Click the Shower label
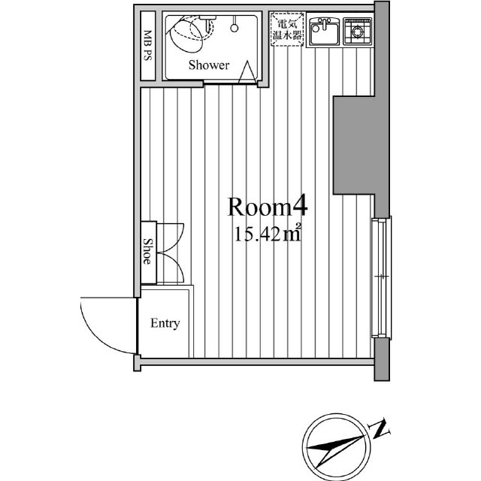click(209, 65)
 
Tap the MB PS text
click(148, 45)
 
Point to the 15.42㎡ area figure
click(268, 234)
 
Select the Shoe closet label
click(147, 251)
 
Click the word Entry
click(165, 323)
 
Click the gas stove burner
click(358, 32)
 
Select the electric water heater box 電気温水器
click(287, 29)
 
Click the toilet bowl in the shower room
click(186, 35)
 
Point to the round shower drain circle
click(234, 29)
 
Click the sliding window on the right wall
click(382, 277)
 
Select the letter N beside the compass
click(380, 428)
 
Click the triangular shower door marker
click(247, 72)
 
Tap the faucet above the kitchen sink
click(324, 23)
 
